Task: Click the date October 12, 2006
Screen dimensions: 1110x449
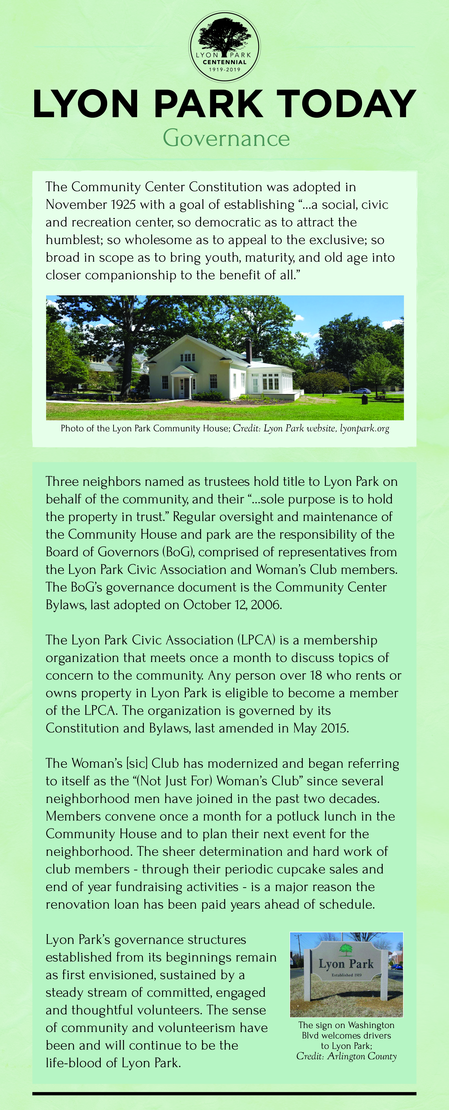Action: [x=233, y=605]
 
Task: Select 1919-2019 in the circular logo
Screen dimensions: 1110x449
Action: [x=224, y=69]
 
